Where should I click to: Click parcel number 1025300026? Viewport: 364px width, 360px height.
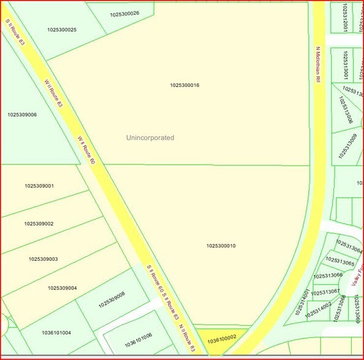coord(124,13)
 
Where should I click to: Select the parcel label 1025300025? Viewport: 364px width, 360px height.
coord(61,29)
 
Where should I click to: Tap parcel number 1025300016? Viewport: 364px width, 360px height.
coord(184,85)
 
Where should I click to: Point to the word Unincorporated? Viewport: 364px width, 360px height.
coord(150,138)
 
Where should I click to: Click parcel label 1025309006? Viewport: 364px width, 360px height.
coord(22,114)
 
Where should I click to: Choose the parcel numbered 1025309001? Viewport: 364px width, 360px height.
coord(39,186)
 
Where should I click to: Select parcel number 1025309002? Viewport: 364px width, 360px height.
coord(39,223)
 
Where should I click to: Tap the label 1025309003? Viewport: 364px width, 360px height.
coord(43,259)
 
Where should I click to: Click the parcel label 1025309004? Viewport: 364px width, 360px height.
coord(62,288)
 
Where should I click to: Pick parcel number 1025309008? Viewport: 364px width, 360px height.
coord(110,298)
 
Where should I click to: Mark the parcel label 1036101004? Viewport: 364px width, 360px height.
coord(56,333)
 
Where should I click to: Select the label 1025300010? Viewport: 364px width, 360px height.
coord(221,246)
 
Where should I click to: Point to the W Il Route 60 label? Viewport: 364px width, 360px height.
coord(86,150)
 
